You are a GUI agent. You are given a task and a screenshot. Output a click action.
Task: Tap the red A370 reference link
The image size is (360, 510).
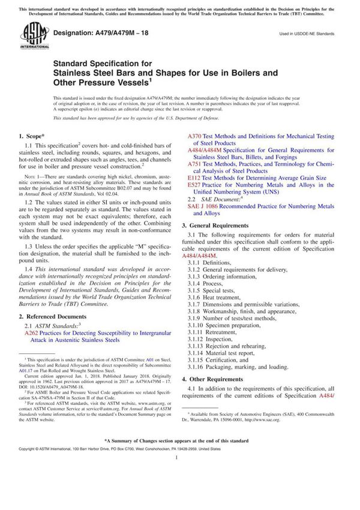tap(196, 137)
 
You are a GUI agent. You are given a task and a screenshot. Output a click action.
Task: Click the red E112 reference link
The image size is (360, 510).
tap(195, 178)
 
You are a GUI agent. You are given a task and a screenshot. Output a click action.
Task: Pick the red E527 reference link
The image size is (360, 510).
tap(195, 185)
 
